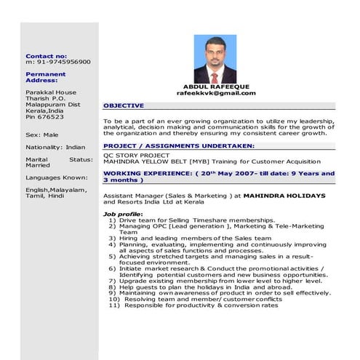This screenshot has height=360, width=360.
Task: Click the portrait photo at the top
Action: pos(215,60)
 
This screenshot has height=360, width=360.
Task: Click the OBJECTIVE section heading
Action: pos(124,105)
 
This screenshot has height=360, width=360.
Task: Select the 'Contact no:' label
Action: pos(46,56)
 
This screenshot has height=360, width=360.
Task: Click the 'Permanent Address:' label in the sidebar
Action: pos(45,77)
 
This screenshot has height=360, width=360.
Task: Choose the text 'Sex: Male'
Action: pos(41,135)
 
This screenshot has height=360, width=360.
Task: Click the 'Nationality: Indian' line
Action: pos(55,147)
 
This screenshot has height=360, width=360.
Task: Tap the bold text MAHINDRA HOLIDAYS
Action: pos(284,196)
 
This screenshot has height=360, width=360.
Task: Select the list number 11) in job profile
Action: pos(114,305)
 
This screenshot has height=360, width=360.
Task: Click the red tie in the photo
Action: pos(215,77)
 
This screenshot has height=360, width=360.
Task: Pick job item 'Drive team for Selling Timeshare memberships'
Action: pos(196,220)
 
